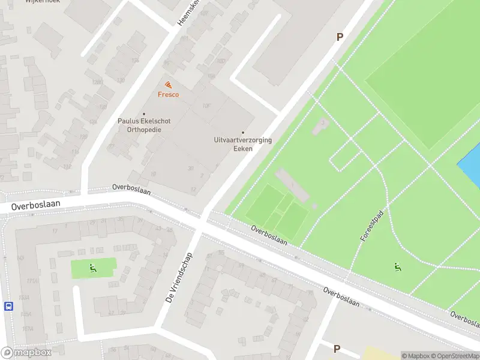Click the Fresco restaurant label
coord(168,95)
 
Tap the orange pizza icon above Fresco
coord(168,85)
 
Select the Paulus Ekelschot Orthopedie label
coord(143,125)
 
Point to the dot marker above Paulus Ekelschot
coord(143,114)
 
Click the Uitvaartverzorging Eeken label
coord(242,144)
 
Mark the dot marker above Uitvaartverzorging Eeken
coord(243,133)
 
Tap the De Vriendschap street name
coord(173,284)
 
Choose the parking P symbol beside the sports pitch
coord(340,37)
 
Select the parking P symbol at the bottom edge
coord(337,349)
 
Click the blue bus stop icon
coord(9,306)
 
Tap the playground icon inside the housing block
coord(92,268)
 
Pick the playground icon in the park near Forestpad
coord(398,266)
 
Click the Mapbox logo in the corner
coord(26,353)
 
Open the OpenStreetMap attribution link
coord(454,356)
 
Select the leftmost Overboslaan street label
coord(29,205)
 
